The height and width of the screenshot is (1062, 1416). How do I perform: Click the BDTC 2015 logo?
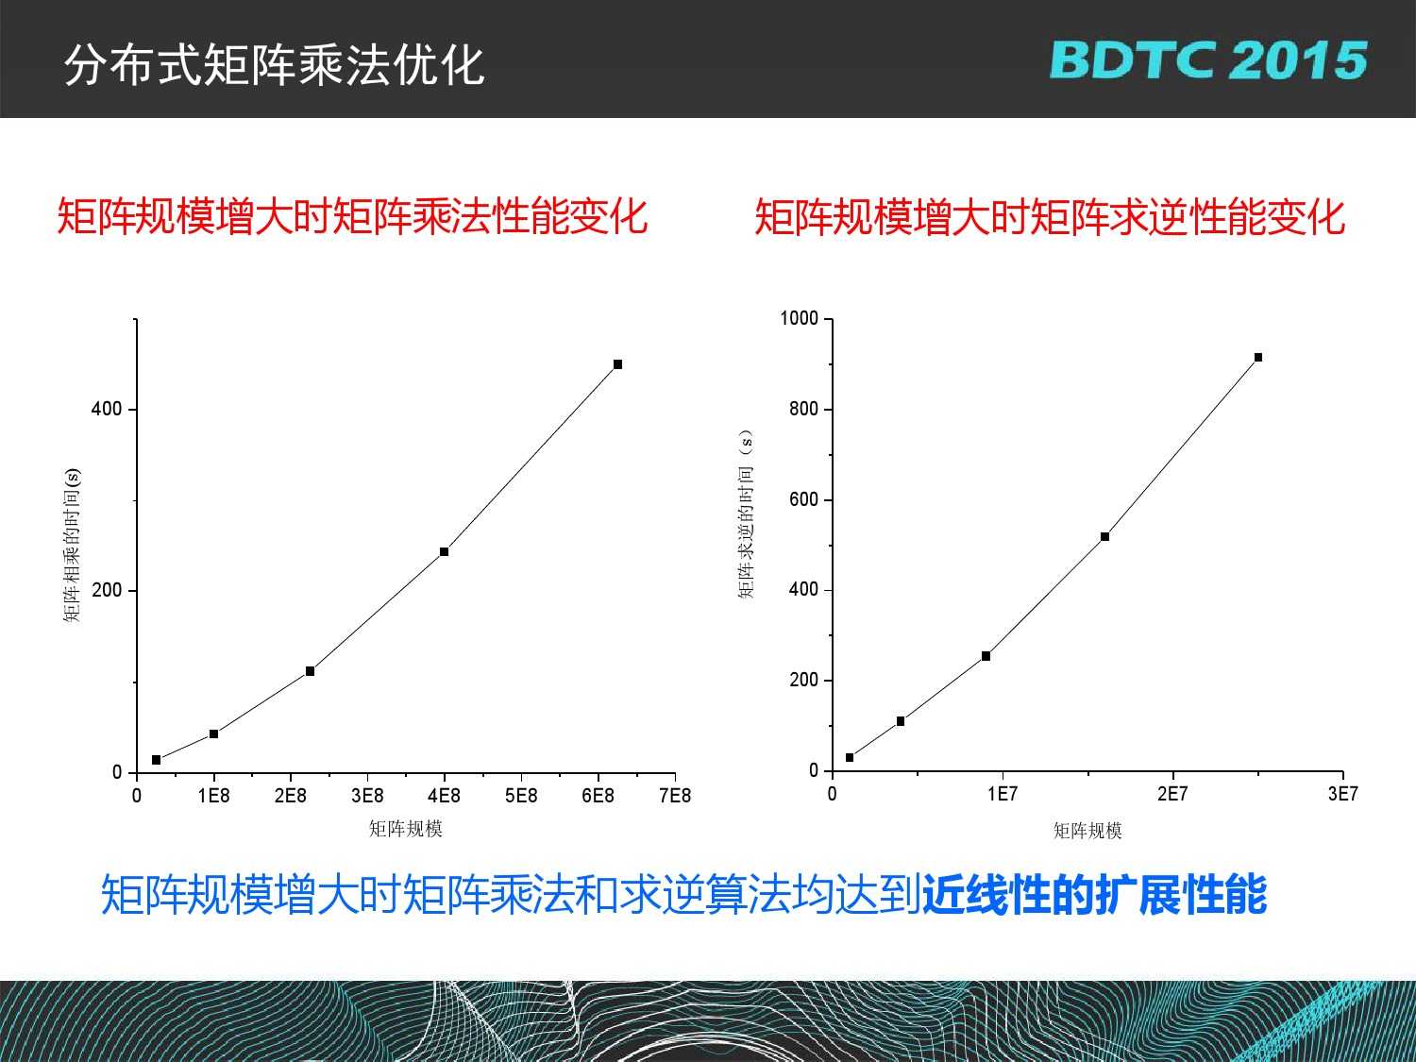coord(1208,60)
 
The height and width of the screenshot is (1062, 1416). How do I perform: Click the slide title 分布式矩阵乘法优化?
coord(274,65)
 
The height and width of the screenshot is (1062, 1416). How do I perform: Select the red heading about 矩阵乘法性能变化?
coord(353,216)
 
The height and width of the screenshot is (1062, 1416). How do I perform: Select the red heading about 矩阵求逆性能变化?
coord(1050,216)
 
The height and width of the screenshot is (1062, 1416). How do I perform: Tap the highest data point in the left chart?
coord(617,364)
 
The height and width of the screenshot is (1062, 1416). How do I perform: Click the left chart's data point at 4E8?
coord(444,551)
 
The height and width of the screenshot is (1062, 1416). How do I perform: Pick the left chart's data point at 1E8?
coord(213,733)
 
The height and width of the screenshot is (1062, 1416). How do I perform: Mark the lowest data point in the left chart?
coord(156,760)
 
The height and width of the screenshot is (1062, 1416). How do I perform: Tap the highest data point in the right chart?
coord(1258,357)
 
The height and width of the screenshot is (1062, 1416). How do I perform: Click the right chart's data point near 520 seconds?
coord(1104,536)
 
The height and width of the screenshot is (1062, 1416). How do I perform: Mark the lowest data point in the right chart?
coord(850,758)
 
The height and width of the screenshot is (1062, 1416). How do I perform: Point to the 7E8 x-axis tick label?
coord(675,796)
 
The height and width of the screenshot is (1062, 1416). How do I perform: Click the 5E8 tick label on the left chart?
coord(521,796)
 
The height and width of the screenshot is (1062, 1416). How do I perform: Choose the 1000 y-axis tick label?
coord(799,318)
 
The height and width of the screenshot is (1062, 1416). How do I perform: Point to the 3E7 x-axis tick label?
coord(1342,794)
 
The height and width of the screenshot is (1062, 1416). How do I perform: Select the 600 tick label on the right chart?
coord(803,499)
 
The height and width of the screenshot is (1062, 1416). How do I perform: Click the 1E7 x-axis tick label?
coord(1002,794)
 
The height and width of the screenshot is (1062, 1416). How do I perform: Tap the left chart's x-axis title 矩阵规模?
coord(406,829)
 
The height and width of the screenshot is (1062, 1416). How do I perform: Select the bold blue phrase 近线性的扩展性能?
coord(1095,894)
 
